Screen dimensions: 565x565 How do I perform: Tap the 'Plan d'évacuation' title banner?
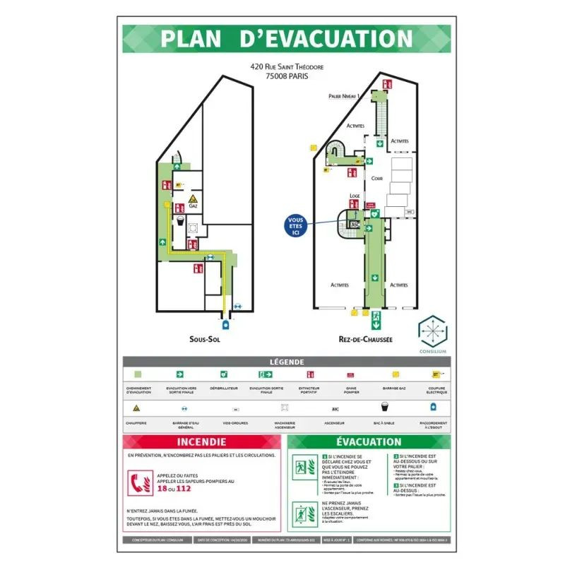(287, 39)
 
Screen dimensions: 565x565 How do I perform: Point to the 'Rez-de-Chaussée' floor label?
(365, 340)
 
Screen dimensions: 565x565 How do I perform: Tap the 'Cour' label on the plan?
(377, 179)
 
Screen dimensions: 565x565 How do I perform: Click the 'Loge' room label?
(355, 196)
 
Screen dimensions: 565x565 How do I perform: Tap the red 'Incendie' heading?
(202, 442)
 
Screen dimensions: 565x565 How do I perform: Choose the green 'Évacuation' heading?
(369, 442)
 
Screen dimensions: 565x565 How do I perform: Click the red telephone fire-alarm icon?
(138, 483)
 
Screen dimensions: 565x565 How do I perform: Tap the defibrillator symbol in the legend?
(224, 374)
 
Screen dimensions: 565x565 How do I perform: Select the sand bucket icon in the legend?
(385, 407)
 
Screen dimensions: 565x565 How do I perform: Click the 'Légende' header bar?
(287, 362)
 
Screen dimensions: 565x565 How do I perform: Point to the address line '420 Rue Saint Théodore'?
(287, 67)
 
